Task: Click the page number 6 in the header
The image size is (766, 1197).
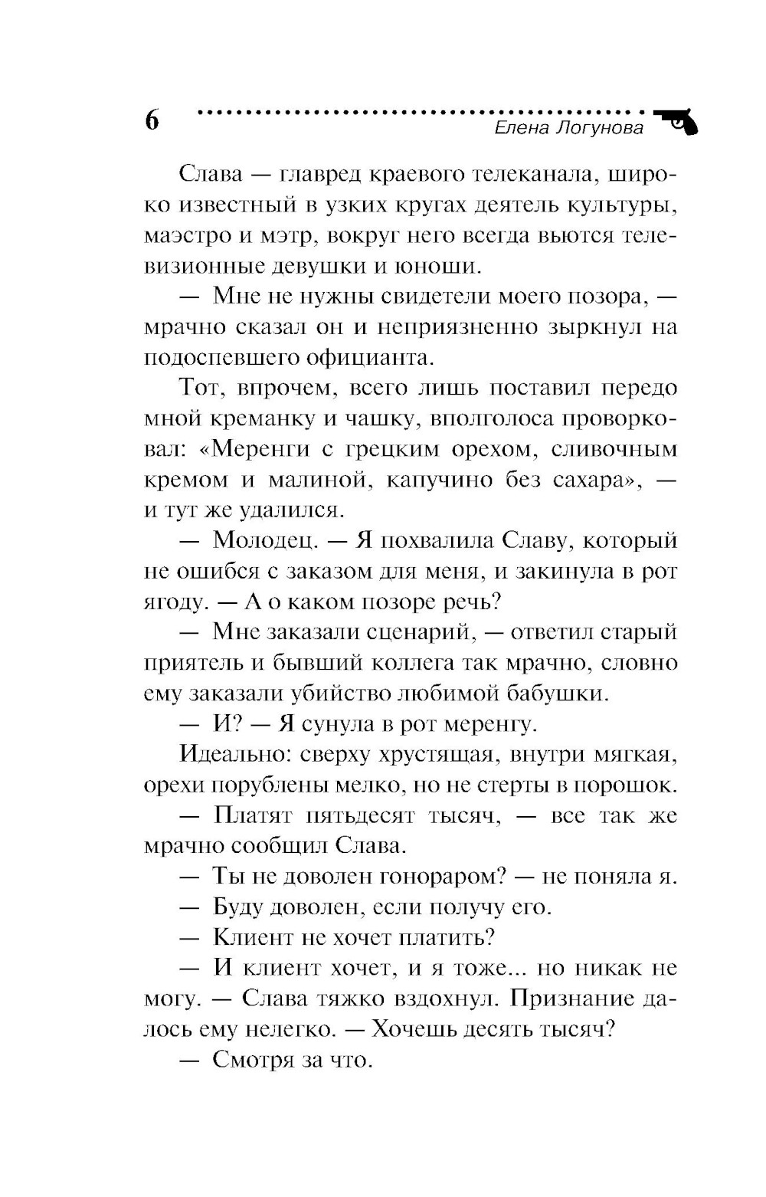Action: click(151, 120)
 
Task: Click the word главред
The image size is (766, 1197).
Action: click(317, 174)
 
